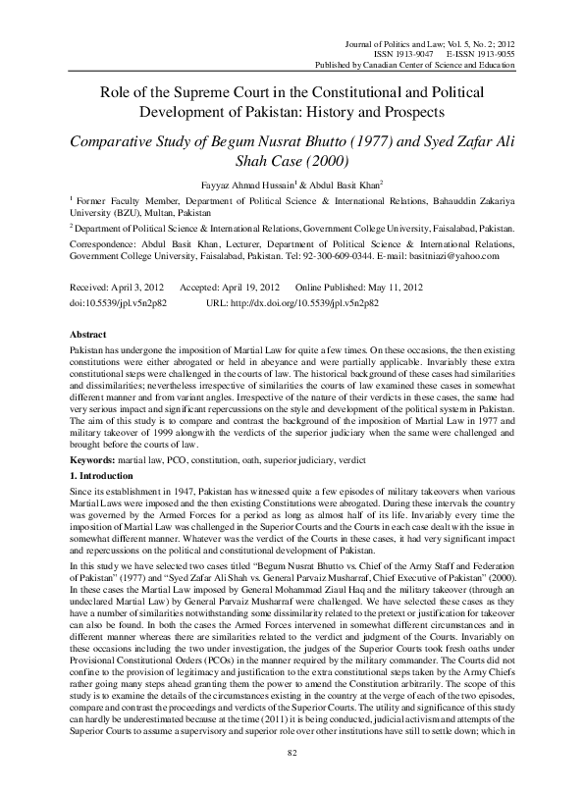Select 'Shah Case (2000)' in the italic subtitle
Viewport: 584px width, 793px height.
(292, 159)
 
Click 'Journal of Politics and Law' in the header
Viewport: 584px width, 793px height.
(382, 43)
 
